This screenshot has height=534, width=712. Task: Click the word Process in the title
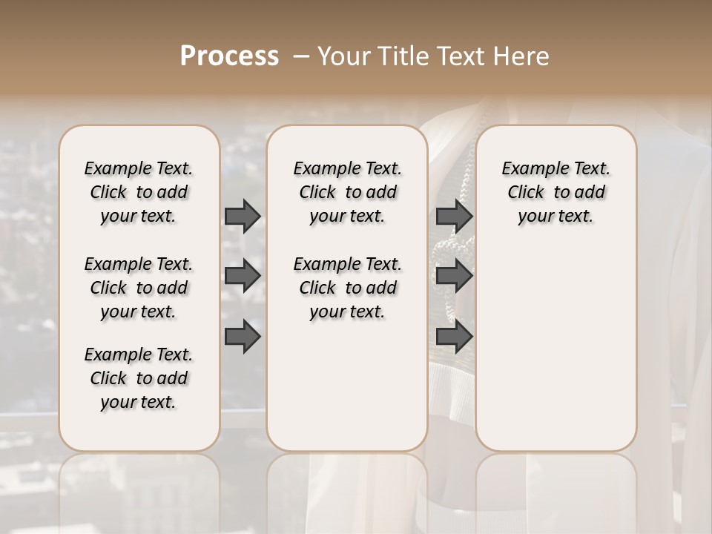tap(229, 56)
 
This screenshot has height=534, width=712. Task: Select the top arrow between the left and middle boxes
tap(243, 217)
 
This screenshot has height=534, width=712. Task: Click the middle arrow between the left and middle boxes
tap(243, 276)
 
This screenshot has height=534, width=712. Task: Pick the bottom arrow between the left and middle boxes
tap(243, 336)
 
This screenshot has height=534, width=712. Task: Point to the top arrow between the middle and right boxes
tap(454, 217)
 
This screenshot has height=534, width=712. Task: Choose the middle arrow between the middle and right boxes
tap(454, 276)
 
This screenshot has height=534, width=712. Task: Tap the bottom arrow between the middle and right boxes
tap(454, 336)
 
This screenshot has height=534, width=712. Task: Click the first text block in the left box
tap(139, 192)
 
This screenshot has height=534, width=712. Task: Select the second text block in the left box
tap(139, 288)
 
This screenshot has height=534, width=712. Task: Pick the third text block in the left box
tap(139, 378)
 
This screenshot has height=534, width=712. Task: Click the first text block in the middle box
tap(347, 192)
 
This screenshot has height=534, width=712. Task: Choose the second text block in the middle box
tap(347, 288)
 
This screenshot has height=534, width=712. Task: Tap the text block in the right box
tap(556, 192)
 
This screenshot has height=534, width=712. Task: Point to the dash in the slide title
tap(300, 56)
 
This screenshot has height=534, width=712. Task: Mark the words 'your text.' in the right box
tap(556, 217)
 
